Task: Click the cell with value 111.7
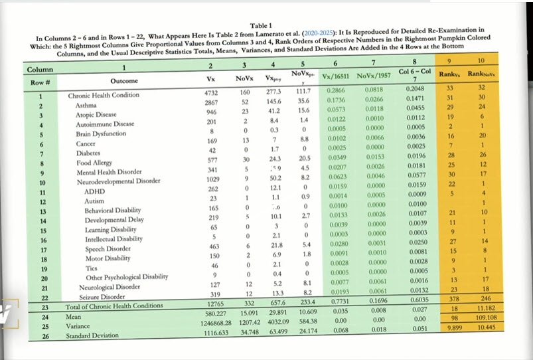(x=303, y=92)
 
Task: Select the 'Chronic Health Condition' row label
(x=104, y=96)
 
